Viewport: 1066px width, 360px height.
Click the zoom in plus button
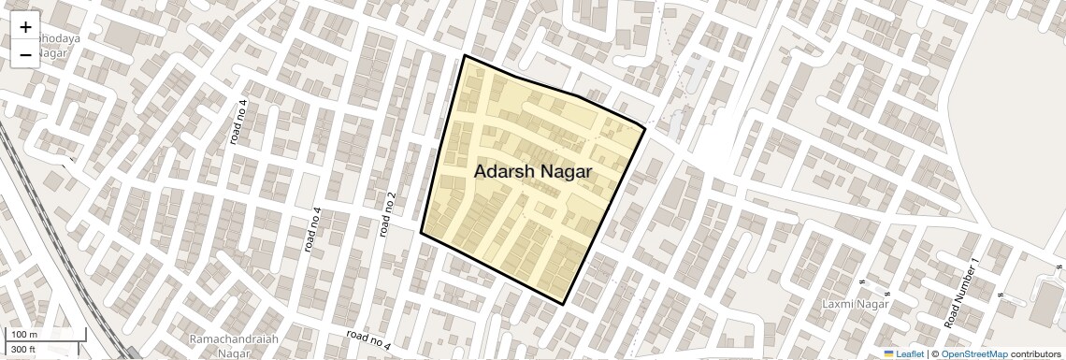[25, 27]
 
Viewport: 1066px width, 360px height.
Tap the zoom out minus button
[25, 55]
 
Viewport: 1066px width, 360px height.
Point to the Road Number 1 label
[961, 292]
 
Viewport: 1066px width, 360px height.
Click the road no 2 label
[388, 213]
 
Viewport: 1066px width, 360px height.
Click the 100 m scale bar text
[24, 335]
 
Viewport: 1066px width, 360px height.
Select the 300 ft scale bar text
[23, 350]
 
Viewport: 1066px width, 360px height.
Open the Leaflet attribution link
[910, 353]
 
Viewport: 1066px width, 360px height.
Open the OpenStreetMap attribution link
[973, 353]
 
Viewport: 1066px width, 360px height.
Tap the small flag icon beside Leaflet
[889, 353]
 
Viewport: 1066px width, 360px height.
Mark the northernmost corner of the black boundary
[465, 56]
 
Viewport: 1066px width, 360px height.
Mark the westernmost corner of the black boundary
[421, 232]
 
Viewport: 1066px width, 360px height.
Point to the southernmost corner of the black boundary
[565, 304]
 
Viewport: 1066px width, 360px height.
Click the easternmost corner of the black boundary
[645, 126]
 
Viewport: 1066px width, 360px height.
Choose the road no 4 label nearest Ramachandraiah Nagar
[367, 340]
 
